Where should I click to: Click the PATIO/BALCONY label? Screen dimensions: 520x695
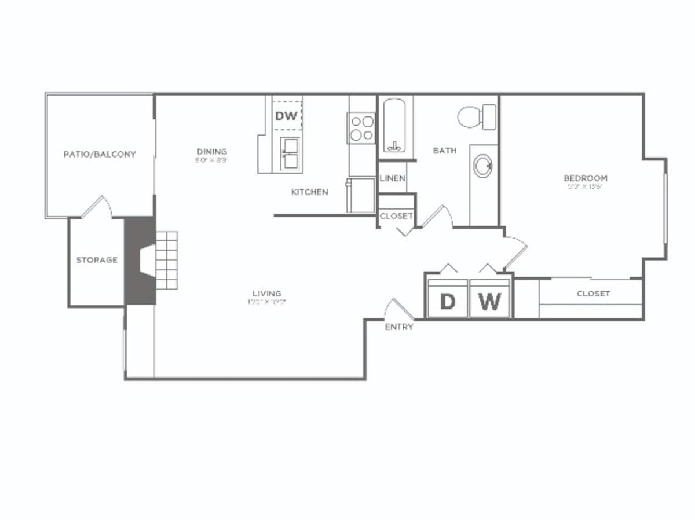click(100, 154)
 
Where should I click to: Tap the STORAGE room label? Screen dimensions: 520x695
click(97, 260)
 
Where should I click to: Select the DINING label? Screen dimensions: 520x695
click(211, 152)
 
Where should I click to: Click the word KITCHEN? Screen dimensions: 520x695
click(309, 192)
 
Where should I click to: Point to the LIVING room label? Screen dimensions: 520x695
click(266, 293)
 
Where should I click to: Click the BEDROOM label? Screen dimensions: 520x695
click(586, 178)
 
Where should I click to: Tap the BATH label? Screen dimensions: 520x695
click(445, 151)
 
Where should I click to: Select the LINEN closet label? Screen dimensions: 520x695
click(392, 178)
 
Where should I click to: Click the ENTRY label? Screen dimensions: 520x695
click(399, 327)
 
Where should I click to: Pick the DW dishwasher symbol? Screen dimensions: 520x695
click(286, 116)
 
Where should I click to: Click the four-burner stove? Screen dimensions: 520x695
click(361, 128)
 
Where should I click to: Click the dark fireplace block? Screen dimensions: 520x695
click(140, 261)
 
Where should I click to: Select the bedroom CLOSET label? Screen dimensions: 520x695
click(593, 294)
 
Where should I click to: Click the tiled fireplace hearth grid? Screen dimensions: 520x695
click(166, 261)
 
